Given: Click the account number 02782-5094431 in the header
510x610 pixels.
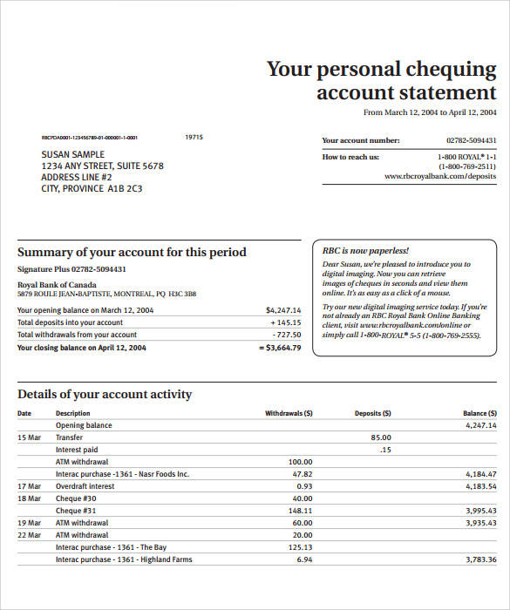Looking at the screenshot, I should tap(471, 140).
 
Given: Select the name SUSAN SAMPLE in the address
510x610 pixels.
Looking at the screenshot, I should tap(73, 154).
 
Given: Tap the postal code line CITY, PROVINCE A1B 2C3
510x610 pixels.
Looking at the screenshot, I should tap(92, 188).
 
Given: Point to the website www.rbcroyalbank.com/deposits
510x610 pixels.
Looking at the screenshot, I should tap(440, 176).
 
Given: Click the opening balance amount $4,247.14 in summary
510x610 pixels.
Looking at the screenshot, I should tap(283, 310).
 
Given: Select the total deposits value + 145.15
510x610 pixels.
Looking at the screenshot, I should tap(285, 322).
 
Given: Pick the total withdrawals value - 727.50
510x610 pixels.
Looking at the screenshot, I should tap(286, 335).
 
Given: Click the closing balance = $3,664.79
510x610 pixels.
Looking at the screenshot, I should tap(280, 348).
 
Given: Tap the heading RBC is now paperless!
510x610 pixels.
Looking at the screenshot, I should tap(365, 250).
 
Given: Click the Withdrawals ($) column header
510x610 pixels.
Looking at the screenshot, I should tap(289, 413).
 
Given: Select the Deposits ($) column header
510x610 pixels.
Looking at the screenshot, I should tap(372, 413).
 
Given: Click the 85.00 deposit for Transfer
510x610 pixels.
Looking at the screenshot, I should tap(380, 437).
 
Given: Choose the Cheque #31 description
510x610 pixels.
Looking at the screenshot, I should tap(76, 511).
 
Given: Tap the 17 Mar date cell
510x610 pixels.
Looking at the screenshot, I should tap(29, 486).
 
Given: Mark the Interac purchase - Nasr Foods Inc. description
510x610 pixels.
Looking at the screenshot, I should tap(122, 474).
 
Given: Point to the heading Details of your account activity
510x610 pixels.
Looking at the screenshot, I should tap(105, 394).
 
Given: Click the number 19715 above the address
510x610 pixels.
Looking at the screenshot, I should tap(194, 137).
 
